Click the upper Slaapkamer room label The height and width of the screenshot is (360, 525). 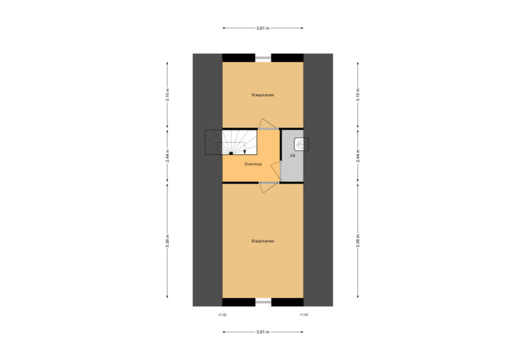[x=262, y=95]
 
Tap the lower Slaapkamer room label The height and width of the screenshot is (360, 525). [x=262, y=241]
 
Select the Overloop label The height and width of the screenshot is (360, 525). [x=253, y=164]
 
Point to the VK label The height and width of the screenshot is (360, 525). [x=293, y=156]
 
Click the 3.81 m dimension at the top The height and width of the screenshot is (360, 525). [x=262, y=28]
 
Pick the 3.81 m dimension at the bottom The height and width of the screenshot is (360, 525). [x=262, y=332]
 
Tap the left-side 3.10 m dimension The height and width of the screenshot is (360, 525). [x=167, y=95]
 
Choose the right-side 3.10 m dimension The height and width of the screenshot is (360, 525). [x=358, y=95]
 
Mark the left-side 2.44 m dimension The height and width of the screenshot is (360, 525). [x=167, y=156]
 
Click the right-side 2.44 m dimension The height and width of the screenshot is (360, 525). [x=358, y=156]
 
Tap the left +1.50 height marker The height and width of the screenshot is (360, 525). [x=222, y=315]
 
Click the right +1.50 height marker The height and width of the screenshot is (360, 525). [x=304, y=315]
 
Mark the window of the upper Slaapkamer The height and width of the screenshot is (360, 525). [x=263, y=58]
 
